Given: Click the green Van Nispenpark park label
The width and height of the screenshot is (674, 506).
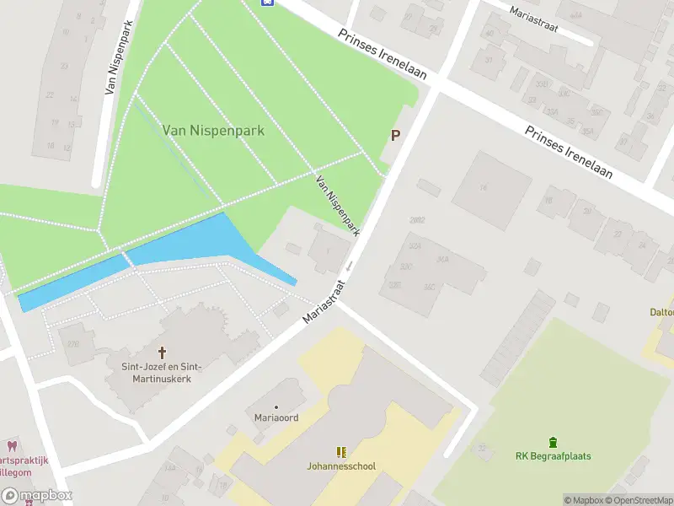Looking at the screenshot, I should pos(213,131).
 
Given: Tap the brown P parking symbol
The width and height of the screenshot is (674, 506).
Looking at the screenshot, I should pos(394,135).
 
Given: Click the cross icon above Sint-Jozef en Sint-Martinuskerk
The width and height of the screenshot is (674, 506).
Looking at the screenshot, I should pos(162,352).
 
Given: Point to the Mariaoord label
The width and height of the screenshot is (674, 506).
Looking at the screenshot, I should pos(276,417).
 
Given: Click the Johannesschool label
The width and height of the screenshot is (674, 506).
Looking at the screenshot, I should pos(341,466).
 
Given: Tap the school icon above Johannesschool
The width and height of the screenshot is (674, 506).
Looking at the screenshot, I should pos(341,452).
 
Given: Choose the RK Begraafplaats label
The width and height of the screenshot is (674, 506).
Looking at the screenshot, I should pos(553,456).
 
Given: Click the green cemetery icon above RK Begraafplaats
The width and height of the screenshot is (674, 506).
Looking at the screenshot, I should pos(553,441).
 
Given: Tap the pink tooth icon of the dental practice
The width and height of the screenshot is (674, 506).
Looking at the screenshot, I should pos(12,445).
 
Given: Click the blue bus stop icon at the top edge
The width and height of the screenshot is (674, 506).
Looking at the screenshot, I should pos(268,3).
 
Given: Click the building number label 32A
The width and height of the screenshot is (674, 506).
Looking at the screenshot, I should pos(415,246).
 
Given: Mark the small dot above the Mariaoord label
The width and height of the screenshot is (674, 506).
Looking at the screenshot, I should pos(276,407).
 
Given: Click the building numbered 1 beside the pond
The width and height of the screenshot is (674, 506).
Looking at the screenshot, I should pos(327,250).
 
